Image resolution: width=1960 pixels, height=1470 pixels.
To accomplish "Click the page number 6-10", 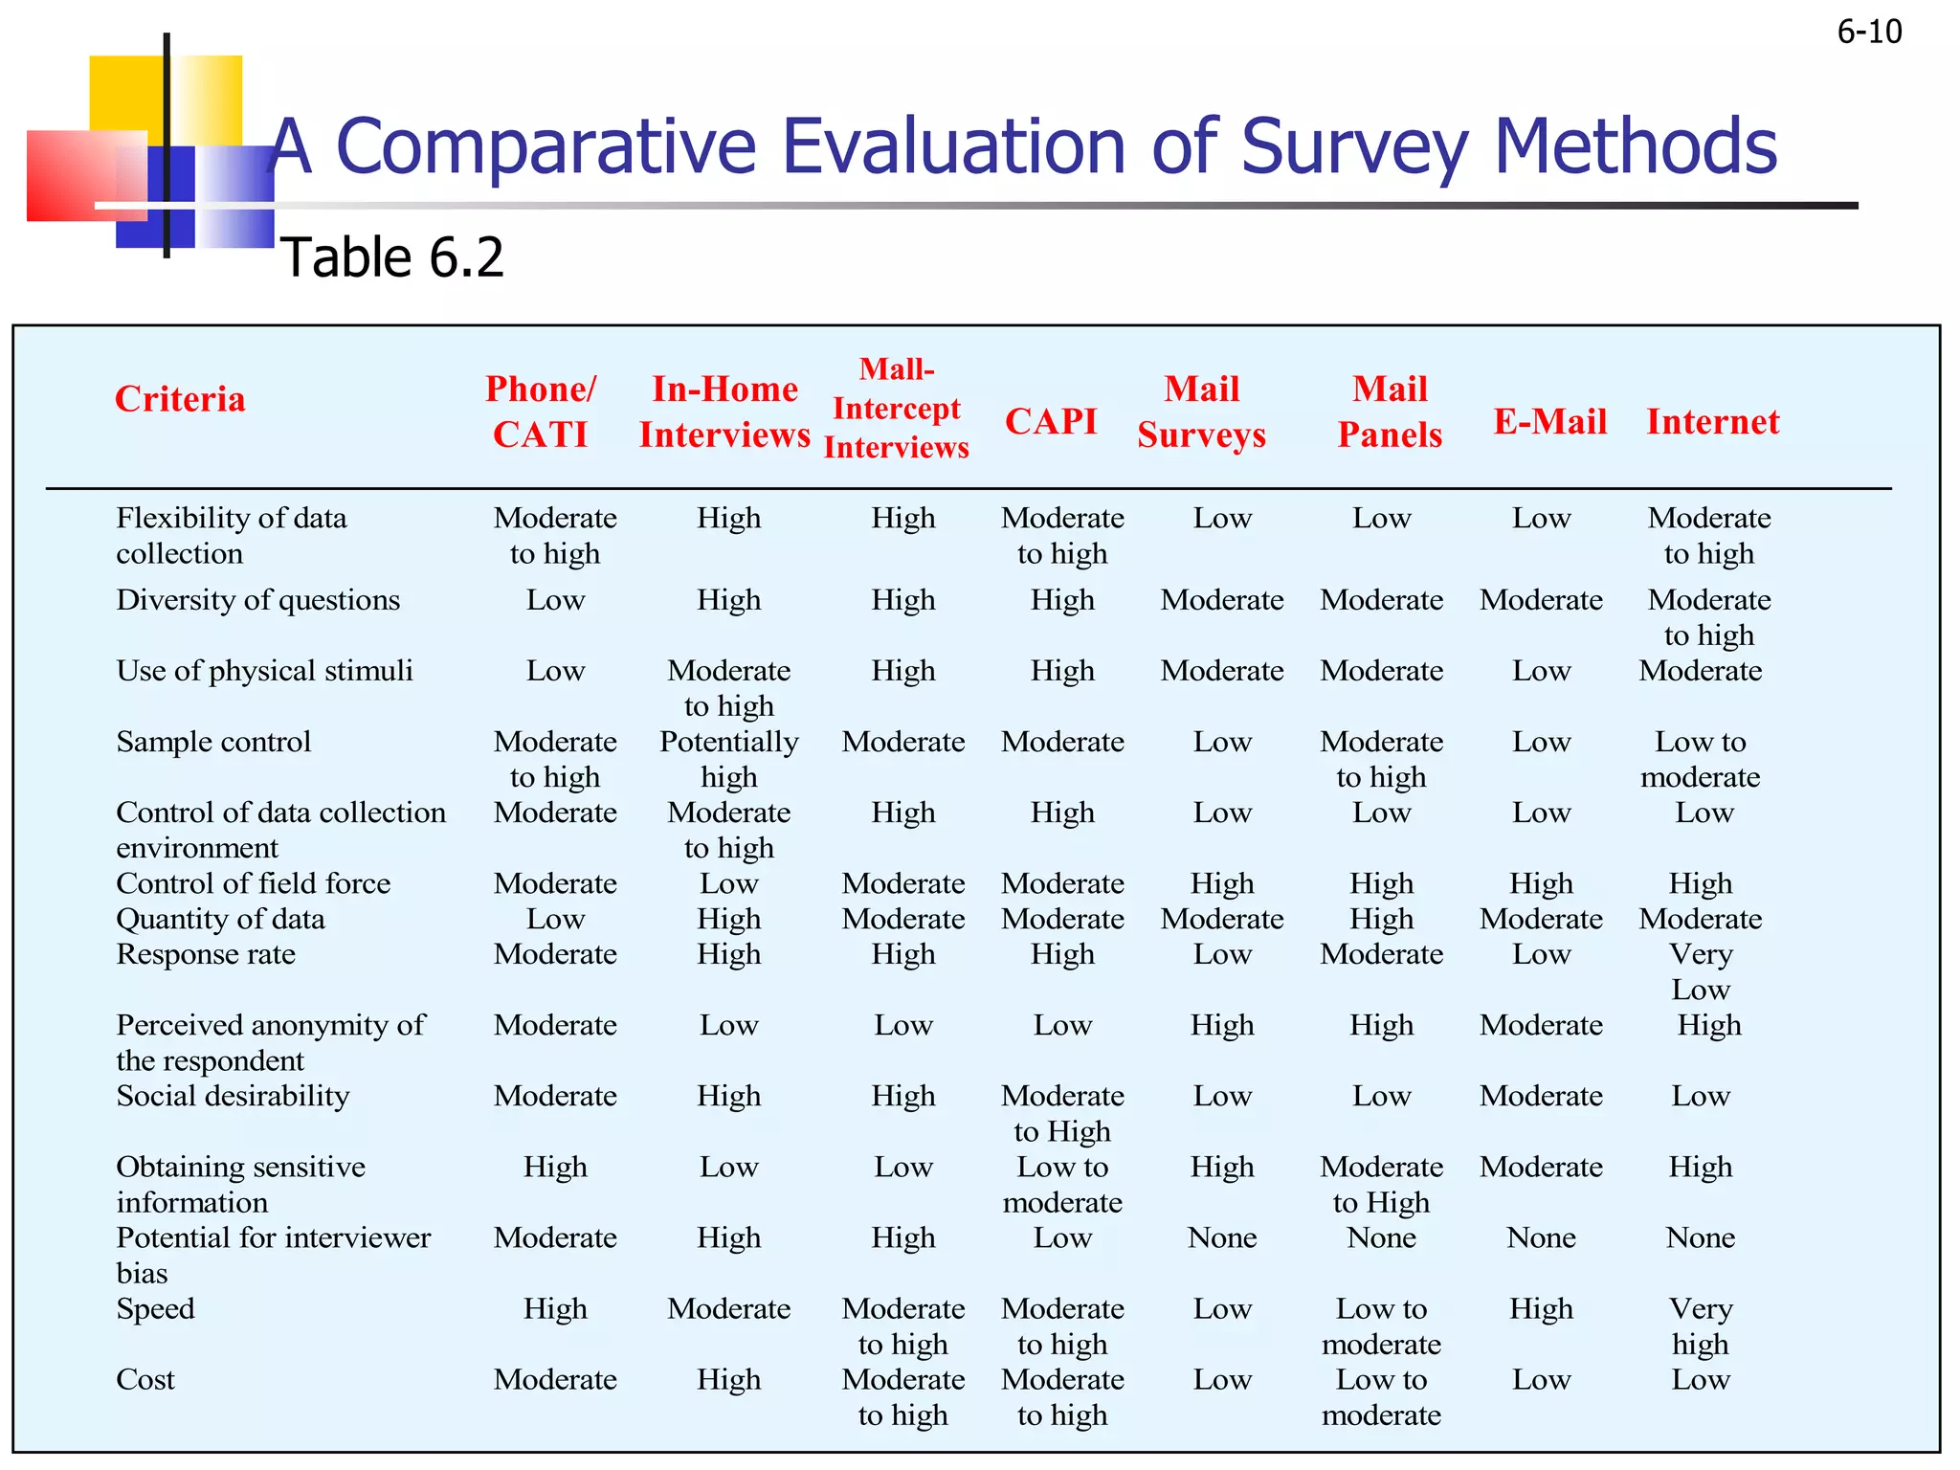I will coord(1869,33).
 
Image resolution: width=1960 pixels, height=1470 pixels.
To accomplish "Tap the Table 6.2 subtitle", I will coord(392,257).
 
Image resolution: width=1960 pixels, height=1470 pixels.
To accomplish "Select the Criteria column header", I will coord(180,399).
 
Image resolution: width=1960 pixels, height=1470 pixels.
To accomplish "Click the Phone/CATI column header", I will coord(541,412).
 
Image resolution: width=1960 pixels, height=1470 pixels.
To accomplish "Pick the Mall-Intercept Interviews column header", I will coord(897,409).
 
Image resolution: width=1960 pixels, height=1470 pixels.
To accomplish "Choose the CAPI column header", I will coord(1051,421).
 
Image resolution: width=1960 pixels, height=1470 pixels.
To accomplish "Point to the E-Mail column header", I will coord(1549,421).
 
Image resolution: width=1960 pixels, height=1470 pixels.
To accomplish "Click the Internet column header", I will coord(1712,421).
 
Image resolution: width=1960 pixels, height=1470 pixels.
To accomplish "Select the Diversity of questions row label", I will coord(257,600).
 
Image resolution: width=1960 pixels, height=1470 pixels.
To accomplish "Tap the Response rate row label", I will coord(206,954).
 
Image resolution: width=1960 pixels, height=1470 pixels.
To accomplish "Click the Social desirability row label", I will coord(233,1096).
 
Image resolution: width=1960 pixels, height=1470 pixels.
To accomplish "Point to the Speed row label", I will coord(155,1308).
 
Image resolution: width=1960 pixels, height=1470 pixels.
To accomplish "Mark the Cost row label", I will coord(145,1379).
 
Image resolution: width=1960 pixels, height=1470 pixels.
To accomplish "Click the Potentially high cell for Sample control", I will coord(728,759).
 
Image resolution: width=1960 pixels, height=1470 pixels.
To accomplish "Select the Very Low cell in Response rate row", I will coord(1701,971).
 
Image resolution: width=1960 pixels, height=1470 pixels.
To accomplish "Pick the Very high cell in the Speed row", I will coord(1701,1325).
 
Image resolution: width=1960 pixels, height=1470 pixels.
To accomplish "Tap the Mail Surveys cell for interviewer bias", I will coord(1222,1237).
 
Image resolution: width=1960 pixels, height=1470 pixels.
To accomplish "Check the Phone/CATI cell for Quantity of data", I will coord(555,919).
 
